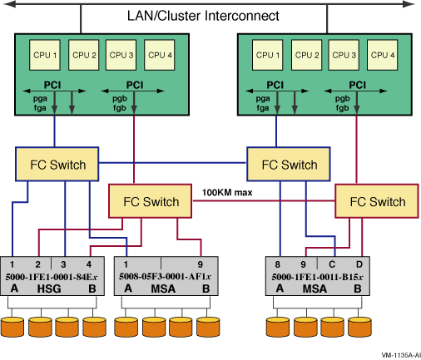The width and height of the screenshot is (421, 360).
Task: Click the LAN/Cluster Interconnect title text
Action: [203, 16]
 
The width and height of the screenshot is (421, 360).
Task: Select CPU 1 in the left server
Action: [45, 55]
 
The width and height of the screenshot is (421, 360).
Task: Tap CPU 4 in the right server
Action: [382, 55]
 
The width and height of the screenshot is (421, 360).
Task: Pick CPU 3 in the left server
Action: [121, 55]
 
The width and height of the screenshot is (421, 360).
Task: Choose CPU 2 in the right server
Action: [306, 55]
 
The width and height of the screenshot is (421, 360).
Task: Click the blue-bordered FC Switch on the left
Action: [57, 164]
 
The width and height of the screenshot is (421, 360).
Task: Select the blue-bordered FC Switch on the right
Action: [289, 164]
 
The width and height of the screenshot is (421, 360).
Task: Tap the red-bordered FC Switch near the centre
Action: [150, 201]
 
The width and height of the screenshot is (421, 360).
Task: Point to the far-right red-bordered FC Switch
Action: [377, 201]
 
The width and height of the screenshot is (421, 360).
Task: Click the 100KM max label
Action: [227, 192]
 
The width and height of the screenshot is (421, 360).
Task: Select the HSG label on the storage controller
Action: [49, 288]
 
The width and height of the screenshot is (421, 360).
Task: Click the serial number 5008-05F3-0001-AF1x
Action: [165, 276]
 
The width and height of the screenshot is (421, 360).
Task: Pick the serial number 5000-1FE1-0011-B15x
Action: [317, 277]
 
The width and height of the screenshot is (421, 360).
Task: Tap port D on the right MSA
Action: [359, 264]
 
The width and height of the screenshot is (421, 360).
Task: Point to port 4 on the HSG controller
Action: [89, 264]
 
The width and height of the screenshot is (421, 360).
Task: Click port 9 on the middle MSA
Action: [201, 264]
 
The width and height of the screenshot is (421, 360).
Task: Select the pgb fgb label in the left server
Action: [120, 103]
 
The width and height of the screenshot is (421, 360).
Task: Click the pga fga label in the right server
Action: [263, 103]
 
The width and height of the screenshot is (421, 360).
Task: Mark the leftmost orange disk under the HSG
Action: [12, 327]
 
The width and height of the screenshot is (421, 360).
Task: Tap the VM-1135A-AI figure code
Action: [401, 355]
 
